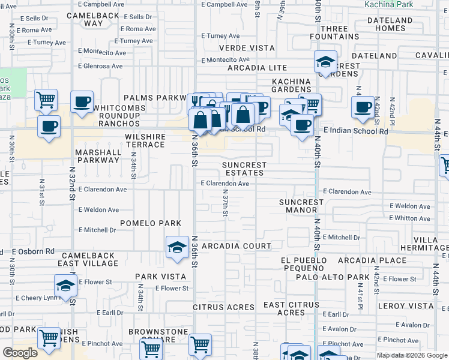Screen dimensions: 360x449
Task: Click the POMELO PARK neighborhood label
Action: (x=150, y=223)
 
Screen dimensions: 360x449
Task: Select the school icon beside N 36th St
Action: (x=176, y=248)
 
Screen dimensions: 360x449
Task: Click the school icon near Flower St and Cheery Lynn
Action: (x=65, y=285)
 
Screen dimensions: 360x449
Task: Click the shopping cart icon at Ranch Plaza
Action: (x=46, y=100)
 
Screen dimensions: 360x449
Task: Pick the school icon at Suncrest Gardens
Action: (x=325, y=62)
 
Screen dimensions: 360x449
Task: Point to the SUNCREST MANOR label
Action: (x=307, y=206)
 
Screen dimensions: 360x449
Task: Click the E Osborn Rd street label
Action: (x=33, y=251)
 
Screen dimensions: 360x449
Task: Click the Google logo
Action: (x=20, y=353)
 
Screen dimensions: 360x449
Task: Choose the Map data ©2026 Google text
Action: (x=412, y=355)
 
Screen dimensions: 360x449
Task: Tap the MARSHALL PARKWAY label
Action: (x=97, y=156)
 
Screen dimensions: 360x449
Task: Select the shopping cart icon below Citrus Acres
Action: (x=199, y=344)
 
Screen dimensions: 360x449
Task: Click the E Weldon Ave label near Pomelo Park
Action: (x=98, y=210)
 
